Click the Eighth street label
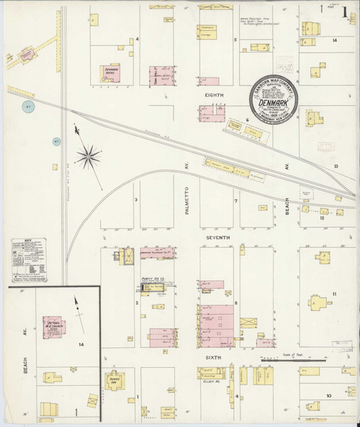click(215, 95)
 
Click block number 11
click(334, 294)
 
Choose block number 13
click(336, 167)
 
